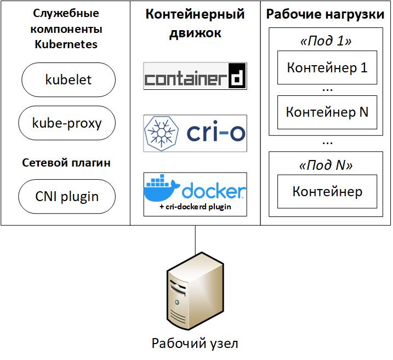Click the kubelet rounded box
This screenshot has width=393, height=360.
[69, 79]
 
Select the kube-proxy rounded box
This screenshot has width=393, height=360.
[67, 123]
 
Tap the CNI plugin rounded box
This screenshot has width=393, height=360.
[67, 196]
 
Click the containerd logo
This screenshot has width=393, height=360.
[195, 76]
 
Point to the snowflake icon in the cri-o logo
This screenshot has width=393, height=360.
[161, 133]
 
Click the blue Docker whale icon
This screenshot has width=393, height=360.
[161, 188]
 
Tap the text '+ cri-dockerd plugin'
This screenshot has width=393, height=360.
[195, 207]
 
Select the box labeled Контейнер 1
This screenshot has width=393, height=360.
[327, 67]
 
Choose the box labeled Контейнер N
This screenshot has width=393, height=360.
[327, 112]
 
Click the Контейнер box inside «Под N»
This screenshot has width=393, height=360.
[327, 191]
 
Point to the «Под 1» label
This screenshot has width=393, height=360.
[326, 41]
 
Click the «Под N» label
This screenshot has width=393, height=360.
[326, 165]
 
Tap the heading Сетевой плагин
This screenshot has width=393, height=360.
[66, 163]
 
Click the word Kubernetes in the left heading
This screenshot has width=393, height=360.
[66, 44]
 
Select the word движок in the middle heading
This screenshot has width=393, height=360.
[195, 33]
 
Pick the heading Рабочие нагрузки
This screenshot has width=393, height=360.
[325, 14]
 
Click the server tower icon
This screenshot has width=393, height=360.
[195, 291]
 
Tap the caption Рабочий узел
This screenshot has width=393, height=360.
[195, 343]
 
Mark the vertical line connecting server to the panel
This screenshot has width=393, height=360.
[195, 240]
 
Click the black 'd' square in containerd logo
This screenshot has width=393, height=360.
[237, 76]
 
